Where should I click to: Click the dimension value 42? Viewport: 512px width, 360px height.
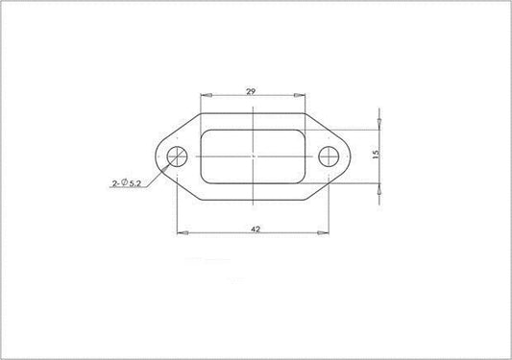[254, 229]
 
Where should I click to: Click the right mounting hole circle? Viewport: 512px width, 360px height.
[329, 156]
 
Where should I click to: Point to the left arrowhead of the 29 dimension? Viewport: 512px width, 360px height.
[203, 95]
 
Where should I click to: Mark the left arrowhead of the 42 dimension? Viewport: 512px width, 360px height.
[180, 232]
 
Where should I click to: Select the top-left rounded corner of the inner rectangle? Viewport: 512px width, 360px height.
[204, 132]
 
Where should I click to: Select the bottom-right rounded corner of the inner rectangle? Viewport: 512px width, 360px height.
[302, 180]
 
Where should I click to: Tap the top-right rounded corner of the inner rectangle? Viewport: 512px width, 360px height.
[302, 132]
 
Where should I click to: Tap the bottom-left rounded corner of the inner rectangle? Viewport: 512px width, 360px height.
[204, 180]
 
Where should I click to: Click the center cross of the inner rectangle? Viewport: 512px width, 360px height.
[253, 156]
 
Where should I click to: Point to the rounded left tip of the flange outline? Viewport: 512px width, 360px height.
[155, 156]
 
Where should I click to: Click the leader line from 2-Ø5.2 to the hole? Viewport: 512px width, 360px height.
[159, 172]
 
